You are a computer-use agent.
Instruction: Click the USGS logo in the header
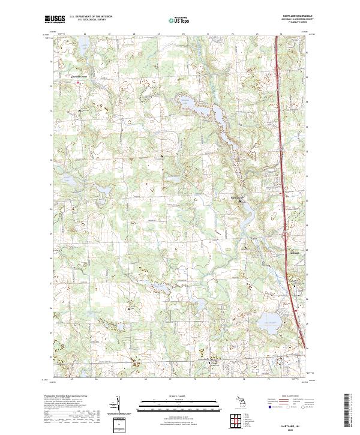click(55, 20)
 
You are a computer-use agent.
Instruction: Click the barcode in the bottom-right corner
click(347, 411)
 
